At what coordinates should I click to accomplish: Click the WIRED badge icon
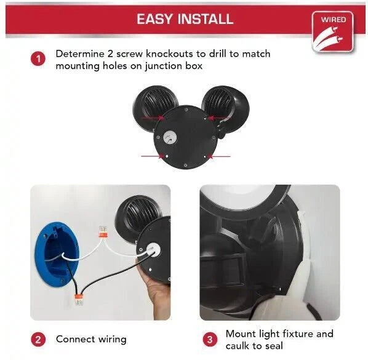332,32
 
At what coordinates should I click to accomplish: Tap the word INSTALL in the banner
206,19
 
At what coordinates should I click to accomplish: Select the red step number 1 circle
38,59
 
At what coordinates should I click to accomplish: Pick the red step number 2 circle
38,339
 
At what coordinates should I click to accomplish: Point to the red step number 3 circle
210,339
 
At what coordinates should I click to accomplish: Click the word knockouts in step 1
170,54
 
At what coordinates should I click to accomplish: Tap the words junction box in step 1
174,66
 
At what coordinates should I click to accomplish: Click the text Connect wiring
91,340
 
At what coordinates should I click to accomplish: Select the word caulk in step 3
238,346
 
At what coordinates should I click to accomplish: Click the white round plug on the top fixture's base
170,137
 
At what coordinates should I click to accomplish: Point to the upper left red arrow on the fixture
153,117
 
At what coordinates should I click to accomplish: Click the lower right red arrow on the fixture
218,156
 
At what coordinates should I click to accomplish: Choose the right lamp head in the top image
226,108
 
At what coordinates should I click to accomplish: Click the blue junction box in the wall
57,254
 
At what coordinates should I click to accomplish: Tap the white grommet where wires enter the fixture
154,249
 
